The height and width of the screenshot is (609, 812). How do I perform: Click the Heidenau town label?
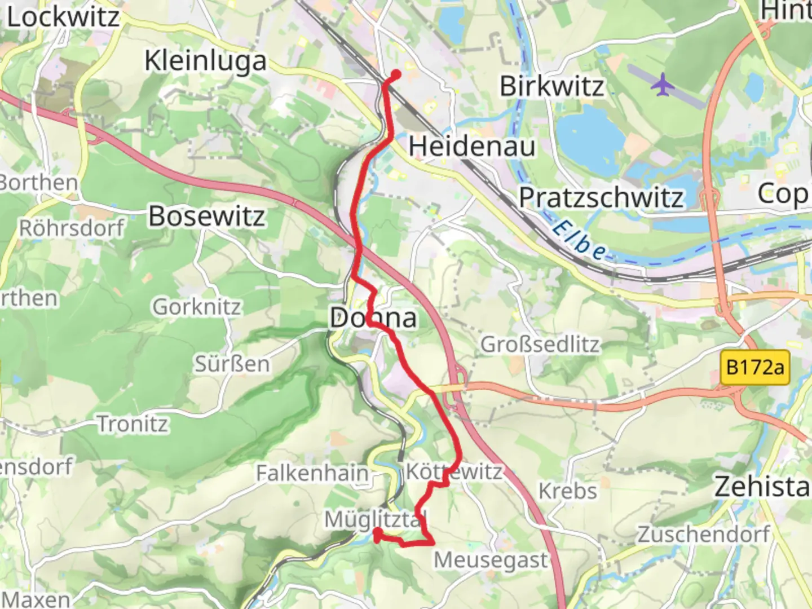pyautogui.click(x=472, y=147)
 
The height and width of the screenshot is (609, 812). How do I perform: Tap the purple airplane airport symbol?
pyautogui.click(x=663, y=85)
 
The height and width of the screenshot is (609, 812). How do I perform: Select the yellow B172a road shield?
pyautogui.click(x=755, y=368)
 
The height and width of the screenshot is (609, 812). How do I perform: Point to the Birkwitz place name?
pyautogui.click(x=551, y=87)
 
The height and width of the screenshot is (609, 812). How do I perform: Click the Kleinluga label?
pyautogui.click(x=205, y=61)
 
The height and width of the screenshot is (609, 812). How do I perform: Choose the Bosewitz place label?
pyautogui.click(x=206, y=217)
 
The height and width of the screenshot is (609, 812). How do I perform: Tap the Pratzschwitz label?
pyautogui.click(x=601, y=197)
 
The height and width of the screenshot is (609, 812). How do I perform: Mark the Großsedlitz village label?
pyautogui.click(x=540, y=344)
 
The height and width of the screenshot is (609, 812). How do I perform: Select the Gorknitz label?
pyautogui.click(x=197, y=307)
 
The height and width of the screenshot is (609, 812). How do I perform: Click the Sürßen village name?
pyautogui.click(x=232, y=364)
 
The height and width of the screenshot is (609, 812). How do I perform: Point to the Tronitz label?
pyautogui.click(x=133, y=424)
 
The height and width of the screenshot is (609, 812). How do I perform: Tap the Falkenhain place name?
pyautogui.click(x=312, y=473)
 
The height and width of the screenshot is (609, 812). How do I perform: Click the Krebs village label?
pyautogui.click(x=567, y=491)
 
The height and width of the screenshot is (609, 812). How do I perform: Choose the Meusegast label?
pyautogui.click(x=491, y=561)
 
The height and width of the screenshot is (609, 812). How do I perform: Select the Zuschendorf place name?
pyautogui.click(x=703, y=533)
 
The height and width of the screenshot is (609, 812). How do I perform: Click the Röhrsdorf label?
pyautogui.click(x=72, y=228)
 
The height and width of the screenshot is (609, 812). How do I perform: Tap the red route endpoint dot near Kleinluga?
pyautogui.click(x=396, y=74)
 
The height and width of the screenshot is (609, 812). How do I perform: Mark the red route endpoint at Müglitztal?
pyautogui.click(x=377, y=532)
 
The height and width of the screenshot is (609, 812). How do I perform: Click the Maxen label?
pyautogui.click(x=37, y=599)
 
